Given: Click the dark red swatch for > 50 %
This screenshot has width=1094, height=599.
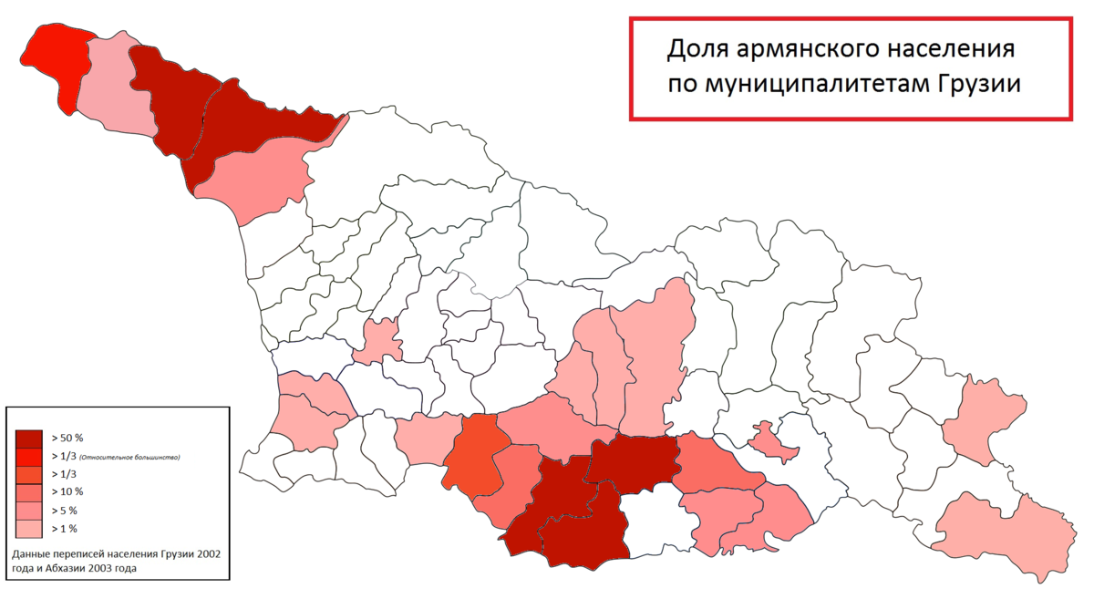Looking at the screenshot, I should pos(29,438).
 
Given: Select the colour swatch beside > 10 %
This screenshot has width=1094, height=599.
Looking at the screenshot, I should pos(29,492).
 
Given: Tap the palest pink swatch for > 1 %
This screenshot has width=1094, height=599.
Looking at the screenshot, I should pos(29,528).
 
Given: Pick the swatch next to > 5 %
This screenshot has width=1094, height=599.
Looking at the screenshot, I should pos(29,511).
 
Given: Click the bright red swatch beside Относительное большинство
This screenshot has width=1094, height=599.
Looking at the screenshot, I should pos(29,456).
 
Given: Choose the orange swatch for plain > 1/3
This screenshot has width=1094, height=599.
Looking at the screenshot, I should pos(29,474).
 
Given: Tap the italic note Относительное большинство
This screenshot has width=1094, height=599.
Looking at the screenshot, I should pos(129,457).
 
